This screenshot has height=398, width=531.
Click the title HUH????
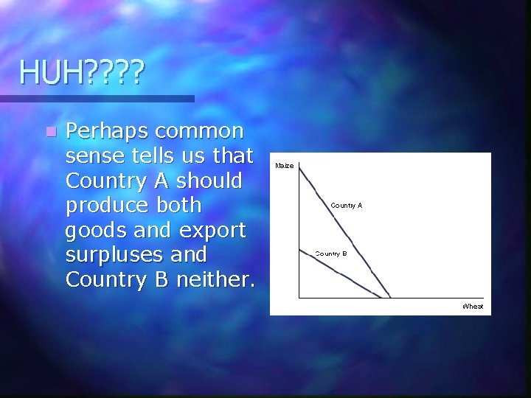pos(83,72)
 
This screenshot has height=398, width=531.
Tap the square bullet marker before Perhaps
pos(49,133)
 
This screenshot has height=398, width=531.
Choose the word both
pos(174,206)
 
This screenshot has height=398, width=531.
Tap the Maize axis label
pos(285,166)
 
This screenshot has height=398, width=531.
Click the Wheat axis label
pos(473,306)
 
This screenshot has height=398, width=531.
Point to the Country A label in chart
pos(347,206)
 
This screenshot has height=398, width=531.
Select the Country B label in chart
pos(331,254)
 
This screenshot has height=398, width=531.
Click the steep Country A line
pos(347,228)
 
